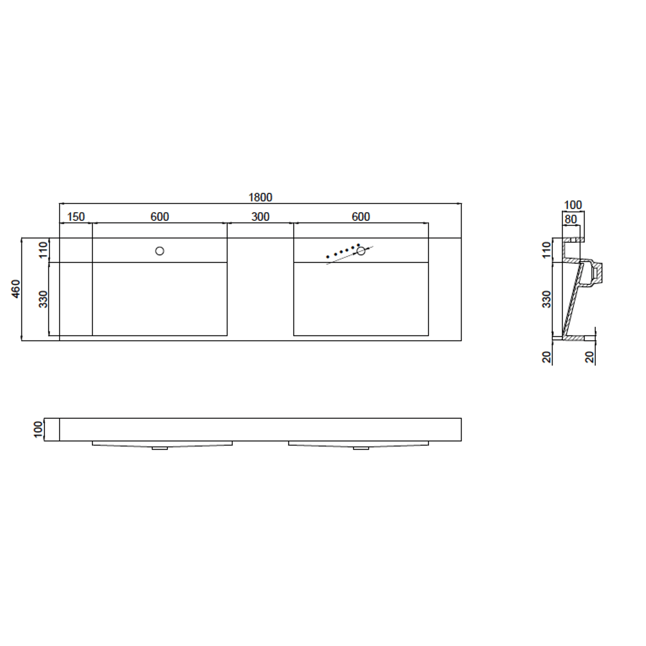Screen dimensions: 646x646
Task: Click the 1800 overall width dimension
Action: tap(260, 197)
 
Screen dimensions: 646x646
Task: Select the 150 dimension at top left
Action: tap(76, 217)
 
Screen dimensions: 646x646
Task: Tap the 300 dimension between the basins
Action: tap(260, 217)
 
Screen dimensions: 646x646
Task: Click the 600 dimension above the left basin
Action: tap(160, 217)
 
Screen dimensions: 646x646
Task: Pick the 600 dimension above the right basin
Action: tap(361, 217)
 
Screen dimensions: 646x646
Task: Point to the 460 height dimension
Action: tap(16, 289)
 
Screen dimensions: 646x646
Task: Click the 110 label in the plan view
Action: tap(43, 250)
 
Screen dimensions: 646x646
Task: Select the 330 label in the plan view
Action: tap(43, 299)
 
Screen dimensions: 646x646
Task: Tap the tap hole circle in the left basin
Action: tap(160, 251)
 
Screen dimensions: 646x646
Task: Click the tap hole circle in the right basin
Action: tap(361, 251)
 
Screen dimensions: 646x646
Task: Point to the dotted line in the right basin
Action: tap(342, 251)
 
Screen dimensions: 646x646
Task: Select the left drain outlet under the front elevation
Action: tap(160, 448)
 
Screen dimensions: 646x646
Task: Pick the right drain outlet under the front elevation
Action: tap(361, 448)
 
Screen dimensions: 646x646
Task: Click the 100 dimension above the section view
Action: tap(573, 205)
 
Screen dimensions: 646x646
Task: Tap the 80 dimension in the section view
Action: tap(570, 219)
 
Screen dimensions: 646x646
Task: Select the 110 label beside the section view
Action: tap(547, 250)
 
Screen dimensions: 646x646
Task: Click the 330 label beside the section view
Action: tap(547, 299)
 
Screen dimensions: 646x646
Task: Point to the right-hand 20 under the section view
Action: tap(590, 357)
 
